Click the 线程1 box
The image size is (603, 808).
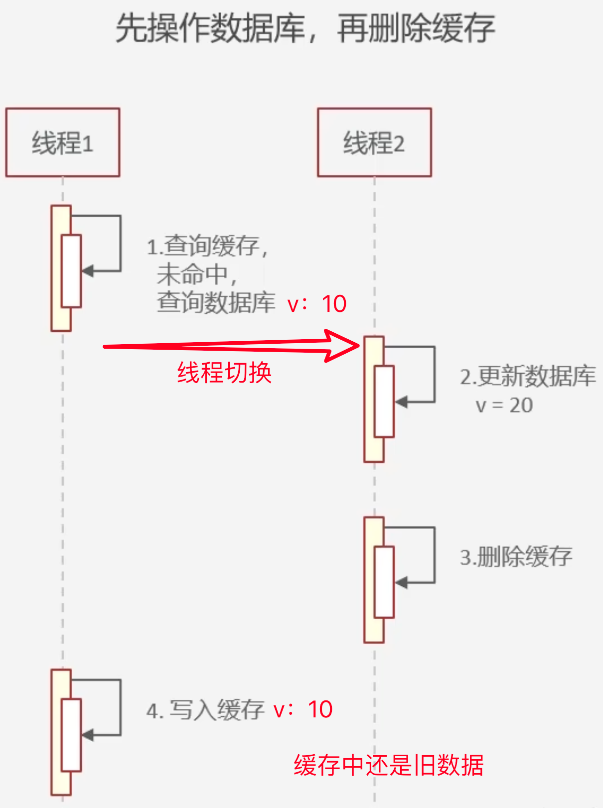tap(63, 142)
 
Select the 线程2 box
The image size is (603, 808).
tap(374, 142)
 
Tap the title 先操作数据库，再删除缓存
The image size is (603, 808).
tap(305, 28)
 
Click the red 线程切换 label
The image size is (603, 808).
tap(224, 373)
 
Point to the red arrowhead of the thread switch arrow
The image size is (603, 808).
tap(344, 345)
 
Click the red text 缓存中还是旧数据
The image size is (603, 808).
tap(389, 765)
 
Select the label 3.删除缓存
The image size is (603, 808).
tap(516, 557)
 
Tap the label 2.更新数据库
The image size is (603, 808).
tap(528, 377)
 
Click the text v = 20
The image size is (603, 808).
tap(504, 405)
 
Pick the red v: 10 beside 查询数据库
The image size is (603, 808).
tap(317, 304)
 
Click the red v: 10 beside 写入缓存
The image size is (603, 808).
tap(303, 709)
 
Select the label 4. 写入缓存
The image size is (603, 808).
tap(205, 710)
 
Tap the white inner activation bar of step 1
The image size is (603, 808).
tap(71, 270)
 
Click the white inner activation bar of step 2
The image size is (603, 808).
tap(384, 402)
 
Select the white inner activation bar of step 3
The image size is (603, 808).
tap(384, 582)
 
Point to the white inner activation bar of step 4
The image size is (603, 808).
tap(71, 735)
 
